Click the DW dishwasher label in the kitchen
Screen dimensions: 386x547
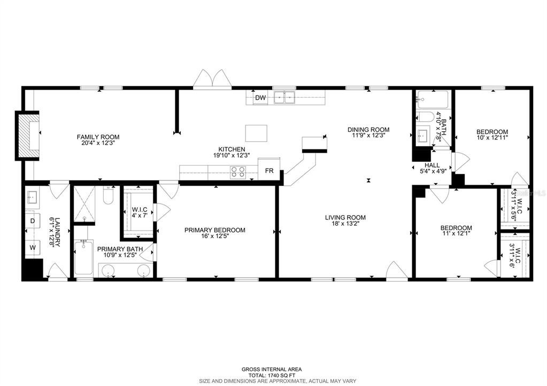[260, 98]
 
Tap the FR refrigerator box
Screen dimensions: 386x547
[269, 171]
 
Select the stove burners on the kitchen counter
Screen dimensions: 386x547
[237, 171]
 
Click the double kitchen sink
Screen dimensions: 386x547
[284, 97]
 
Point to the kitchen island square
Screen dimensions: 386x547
[256, 132]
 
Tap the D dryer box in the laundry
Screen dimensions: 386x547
[32, 220]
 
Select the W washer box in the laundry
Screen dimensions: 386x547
[32, 247]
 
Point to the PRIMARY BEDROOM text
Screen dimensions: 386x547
[214, 230]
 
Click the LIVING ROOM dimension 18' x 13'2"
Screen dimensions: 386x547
[345, 224]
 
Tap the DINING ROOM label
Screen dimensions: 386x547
[368, 129]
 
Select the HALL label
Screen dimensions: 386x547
[432, 166]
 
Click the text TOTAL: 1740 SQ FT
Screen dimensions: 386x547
[272, 375]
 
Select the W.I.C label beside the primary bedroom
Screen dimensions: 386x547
[139, 209]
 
